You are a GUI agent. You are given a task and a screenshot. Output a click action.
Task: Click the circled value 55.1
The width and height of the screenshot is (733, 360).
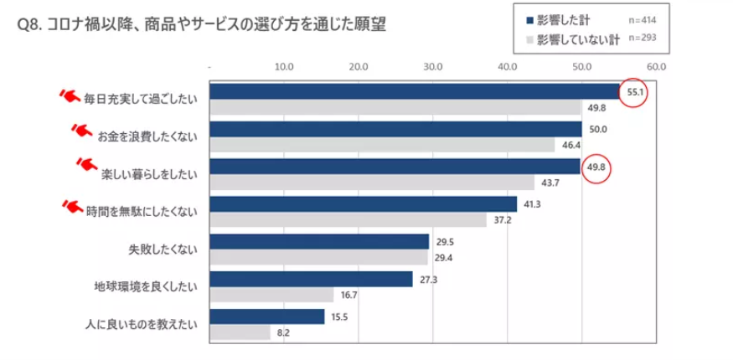point(633,92)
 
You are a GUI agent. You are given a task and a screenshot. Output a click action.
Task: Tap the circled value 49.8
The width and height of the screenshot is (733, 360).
point(596,167)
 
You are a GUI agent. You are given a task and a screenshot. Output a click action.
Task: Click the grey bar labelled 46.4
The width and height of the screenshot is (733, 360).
point(382,145)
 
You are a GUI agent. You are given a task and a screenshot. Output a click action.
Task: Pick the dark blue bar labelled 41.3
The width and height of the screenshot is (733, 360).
point(363,204)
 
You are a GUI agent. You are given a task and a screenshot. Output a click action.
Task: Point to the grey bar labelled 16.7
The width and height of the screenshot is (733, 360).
point(271,295)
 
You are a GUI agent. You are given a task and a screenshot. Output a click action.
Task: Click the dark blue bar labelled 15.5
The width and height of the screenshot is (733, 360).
point(266,316)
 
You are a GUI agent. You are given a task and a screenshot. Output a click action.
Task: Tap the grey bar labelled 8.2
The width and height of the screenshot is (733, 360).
point(240,332)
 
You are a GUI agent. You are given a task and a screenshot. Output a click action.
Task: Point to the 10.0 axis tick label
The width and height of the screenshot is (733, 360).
point(283,65)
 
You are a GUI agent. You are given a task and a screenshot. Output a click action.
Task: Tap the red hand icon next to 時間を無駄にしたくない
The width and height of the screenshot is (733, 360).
point(72,206)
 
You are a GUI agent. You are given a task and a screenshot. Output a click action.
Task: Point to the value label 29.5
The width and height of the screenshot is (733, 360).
point(445,242)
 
